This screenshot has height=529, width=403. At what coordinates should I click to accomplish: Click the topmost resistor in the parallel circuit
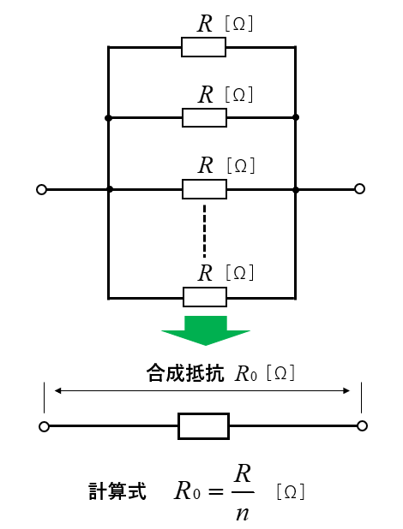[203, 47]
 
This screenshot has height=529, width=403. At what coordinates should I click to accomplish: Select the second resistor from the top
[204, 117]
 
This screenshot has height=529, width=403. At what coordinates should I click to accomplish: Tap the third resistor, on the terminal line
[204, 189]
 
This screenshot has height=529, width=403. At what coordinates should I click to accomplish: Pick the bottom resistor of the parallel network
[205, 297]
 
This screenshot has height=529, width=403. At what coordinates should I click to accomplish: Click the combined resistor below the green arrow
[203, 426]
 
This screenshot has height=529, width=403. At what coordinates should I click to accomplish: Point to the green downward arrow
[206, 330]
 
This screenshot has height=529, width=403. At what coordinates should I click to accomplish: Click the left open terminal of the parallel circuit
[41, 190]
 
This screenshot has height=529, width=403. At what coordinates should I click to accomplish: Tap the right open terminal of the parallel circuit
[360, 189]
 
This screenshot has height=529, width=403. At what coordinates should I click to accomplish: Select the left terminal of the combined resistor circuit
[44, 427]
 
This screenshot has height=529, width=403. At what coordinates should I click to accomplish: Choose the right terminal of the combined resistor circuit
[362, 426]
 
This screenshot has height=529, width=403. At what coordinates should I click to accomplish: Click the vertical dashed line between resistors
[204, 231]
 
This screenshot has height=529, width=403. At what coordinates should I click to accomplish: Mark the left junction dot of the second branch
[108, 118]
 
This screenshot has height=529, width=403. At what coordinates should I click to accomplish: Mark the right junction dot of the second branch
[296, 117]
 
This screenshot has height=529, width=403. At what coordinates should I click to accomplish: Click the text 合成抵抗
[185, 373]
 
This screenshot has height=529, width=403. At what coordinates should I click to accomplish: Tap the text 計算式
[117, 491]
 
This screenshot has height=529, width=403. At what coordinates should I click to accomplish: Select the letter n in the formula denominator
[242, 514]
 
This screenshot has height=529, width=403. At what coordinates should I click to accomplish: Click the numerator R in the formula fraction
[243, 473]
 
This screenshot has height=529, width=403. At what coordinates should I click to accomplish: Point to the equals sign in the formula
[216, 491]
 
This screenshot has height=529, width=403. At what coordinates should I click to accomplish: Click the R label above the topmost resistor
[205, 24]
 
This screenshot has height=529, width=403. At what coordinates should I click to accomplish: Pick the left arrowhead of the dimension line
[57, 390]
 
